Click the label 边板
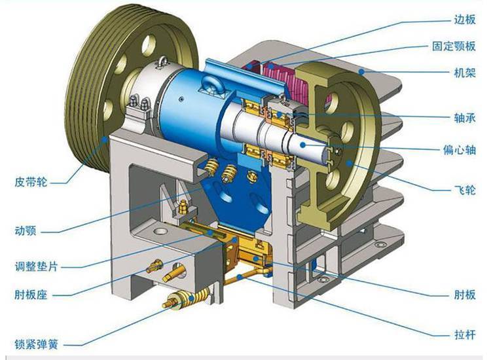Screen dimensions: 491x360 465,20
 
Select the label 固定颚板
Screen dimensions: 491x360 454,46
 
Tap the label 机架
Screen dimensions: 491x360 465,73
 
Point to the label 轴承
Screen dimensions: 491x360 465,118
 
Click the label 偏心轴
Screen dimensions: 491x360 460,149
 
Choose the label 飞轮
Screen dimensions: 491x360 465,190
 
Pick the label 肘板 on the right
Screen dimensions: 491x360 465,295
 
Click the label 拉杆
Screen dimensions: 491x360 465,335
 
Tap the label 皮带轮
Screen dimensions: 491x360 31,182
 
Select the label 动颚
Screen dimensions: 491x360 26,231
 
